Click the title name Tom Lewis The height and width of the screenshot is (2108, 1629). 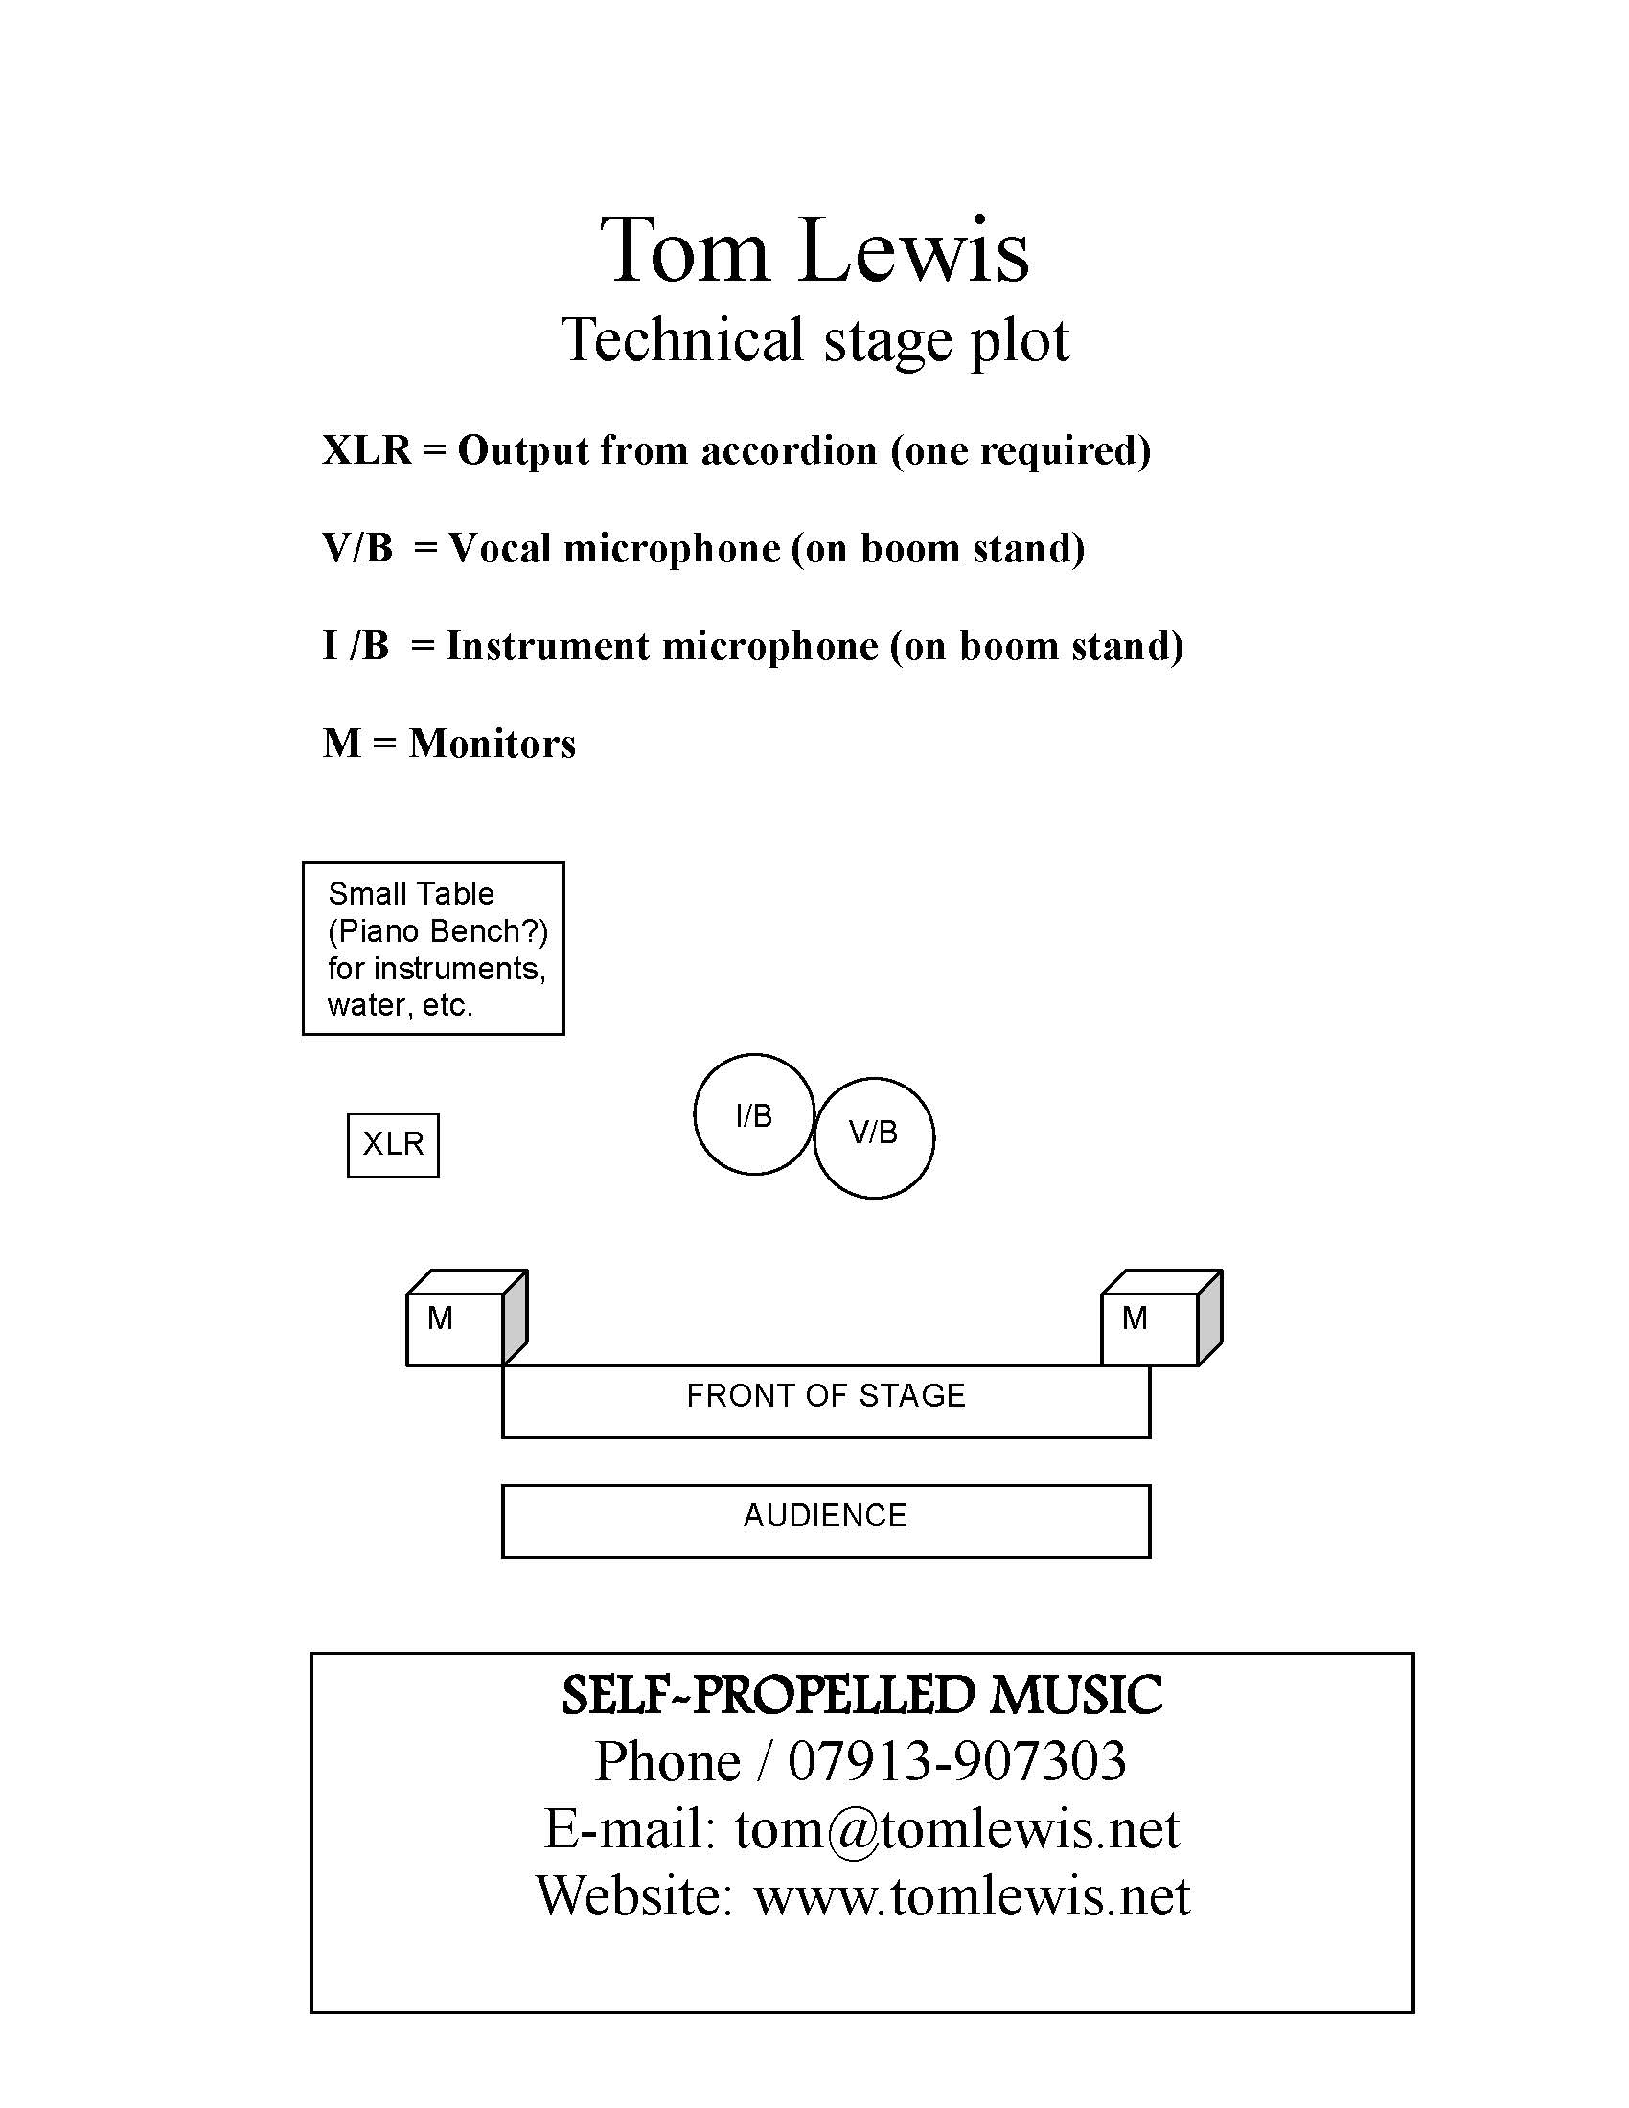(814, 250)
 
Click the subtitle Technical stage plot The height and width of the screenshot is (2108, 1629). (814, 341)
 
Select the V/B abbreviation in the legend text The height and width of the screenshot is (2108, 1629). (358, 548)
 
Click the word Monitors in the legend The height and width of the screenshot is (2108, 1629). (493, 744)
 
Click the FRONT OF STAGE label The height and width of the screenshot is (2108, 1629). (826, 1396)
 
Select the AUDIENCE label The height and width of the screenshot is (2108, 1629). (825, 1516)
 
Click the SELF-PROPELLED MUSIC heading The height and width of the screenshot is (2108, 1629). (861, 1695)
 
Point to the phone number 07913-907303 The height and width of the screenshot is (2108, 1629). (957, 1760)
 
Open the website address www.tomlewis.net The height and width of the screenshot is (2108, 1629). (972, 1895)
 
